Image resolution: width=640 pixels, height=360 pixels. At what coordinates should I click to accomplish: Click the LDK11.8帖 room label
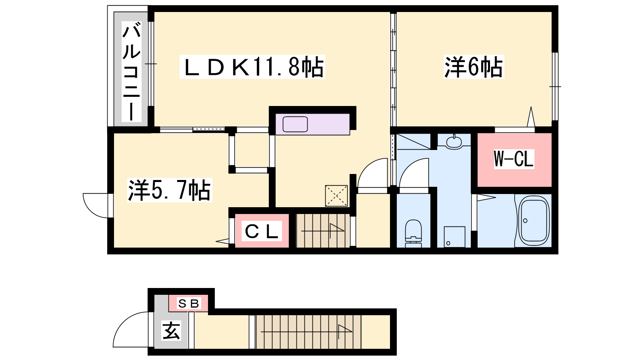pos(252,67)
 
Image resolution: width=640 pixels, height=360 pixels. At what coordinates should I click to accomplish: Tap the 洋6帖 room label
pos(474,67)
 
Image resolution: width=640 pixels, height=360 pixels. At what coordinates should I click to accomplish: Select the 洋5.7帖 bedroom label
pos(170,190)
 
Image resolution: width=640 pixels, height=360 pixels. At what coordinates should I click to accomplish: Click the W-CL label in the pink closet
pos(514,159)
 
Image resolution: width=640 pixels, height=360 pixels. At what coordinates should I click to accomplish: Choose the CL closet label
pos(262,231)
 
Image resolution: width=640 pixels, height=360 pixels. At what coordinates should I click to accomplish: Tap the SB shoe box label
pos(188,304)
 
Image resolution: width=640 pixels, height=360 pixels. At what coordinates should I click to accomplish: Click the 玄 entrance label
pos(171,330)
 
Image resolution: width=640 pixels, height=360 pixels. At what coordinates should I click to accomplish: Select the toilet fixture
pos(414,234)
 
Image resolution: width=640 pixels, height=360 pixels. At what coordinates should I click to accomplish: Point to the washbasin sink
pos(454,142)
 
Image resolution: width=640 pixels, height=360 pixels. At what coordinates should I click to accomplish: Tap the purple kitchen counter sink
pos(295,124)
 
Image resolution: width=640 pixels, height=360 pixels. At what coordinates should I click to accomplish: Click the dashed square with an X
pos(336,196)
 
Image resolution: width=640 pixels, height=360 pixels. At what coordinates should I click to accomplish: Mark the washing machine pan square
pos(454,237)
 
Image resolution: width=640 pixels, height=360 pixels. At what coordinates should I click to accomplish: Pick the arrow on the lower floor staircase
pos(306,332)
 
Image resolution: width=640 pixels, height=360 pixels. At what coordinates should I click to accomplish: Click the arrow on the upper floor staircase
pos(323,230)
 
